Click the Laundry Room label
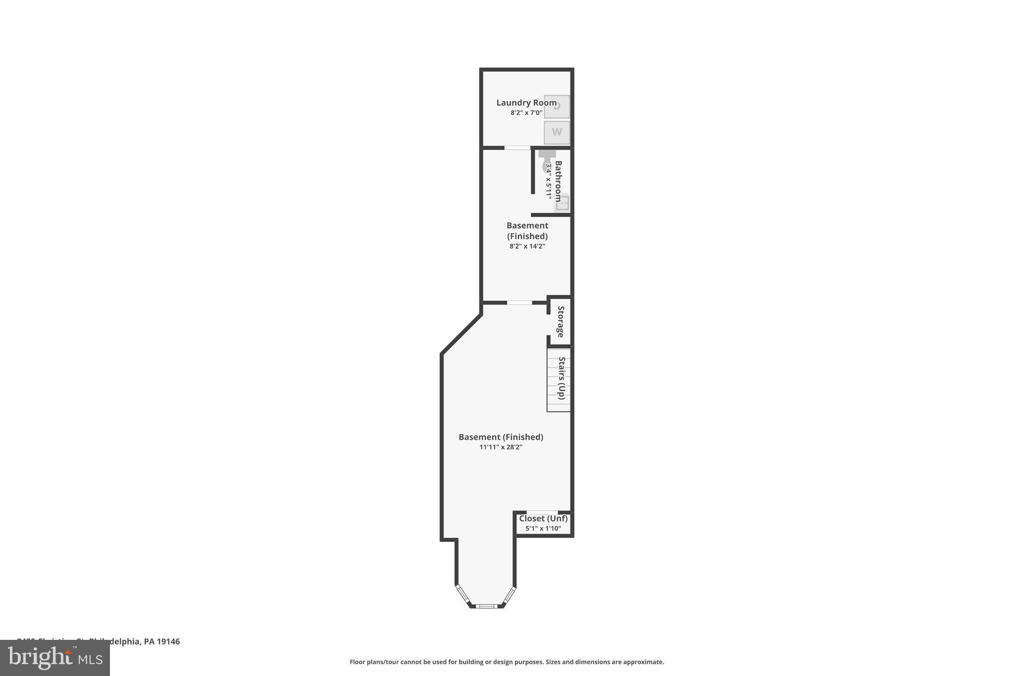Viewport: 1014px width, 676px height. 526,103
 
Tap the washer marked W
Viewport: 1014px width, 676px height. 557,132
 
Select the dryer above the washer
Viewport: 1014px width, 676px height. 557,106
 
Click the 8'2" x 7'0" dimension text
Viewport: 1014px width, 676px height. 526,113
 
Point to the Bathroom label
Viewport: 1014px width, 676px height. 558,181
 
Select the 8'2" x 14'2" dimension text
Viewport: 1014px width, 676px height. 527,246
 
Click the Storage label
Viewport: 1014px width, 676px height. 560,321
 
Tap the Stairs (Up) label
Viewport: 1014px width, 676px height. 561,378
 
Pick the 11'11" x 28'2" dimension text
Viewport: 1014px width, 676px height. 501,447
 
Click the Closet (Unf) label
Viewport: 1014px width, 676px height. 543,519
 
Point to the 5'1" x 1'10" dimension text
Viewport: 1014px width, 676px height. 543,528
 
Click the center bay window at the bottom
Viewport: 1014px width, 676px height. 486,606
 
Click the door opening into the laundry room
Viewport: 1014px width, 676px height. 517,148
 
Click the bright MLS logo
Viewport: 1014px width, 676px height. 55,658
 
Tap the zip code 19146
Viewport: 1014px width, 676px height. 168,641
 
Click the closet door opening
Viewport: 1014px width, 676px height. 542,512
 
